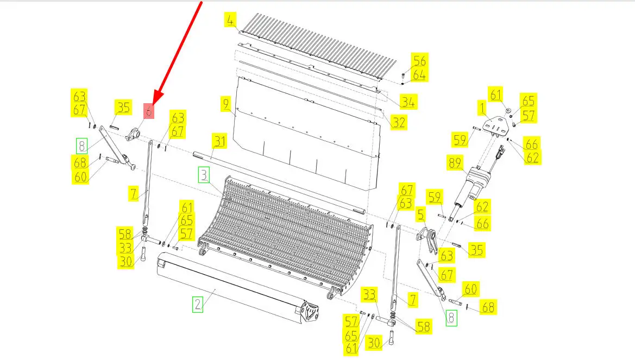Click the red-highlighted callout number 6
pyautogui.click(x=149, y=111)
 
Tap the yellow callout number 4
pyautogui.click(x=230, y=20)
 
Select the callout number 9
pyautogui.click(x=226, y=104)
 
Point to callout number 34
pyautogui.click(x=408, y=102)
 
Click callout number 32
pyautogui.click(x=399, y=122)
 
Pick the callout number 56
pyautogui.click(x=419, y=61)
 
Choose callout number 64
pyautogui.click(x=419, y=75)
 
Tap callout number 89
pyautogui.click(x=455, y=162)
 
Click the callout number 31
pyautogui.click(x=219, y=141)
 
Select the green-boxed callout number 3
pyautogui.click(x=204, y=175)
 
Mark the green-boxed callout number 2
pyautogui.click(x=198, y=304)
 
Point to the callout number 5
pyautogui.click(x=421, y=214)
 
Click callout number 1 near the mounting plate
pyautogui.click(x=482, y=108)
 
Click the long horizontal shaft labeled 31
pyautogui.click(x=279, y=182)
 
